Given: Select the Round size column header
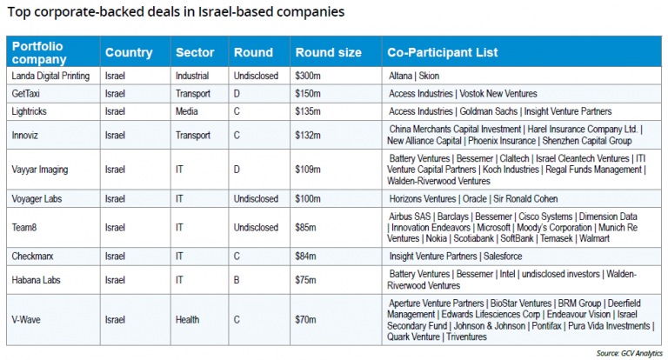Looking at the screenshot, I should coord(328,52).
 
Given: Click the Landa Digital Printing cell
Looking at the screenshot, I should coord(50,76).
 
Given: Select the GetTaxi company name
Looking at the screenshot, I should coord(29,93).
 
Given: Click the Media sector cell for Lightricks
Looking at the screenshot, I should coord(187,111).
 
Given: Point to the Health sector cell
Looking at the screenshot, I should coord(189,320).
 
